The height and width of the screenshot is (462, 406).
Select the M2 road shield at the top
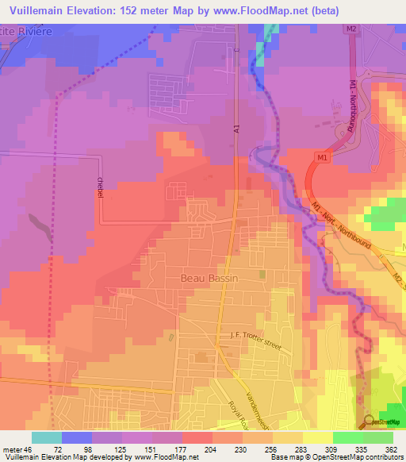pyautogui.click(x=352, y=29)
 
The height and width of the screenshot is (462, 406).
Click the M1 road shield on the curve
pyautogui.click(x=322, y=159)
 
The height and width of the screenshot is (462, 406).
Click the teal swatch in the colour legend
pyautogui.click(x=47, y=437)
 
